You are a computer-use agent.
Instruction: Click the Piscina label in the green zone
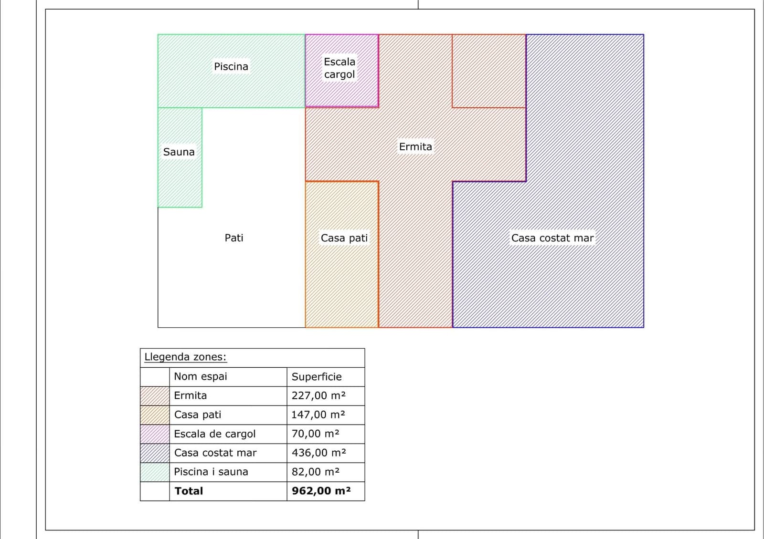click(231, 66)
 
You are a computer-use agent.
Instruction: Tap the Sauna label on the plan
click(179, 152)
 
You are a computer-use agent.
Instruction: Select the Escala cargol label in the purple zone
click(340, 68)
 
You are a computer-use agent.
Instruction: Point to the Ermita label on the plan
click(415, 146)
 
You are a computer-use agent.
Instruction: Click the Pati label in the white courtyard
click(233, 238)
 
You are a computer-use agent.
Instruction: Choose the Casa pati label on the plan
click(344, 238)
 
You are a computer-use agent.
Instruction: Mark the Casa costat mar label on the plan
click(552, 238)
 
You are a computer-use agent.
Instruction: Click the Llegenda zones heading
click(185, 357)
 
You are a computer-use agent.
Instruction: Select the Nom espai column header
click(200, 376)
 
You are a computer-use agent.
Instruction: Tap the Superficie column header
click(317, 376)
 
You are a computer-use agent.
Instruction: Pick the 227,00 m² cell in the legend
click(318, 395)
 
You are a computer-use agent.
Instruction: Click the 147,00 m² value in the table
click(318, 415)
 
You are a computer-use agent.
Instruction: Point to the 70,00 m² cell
click(316, 434)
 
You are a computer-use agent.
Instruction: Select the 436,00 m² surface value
click(319, 453)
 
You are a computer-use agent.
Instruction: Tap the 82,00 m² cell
click(316, 472)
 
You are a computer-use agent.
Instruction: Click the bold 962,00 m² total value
click(321, 491)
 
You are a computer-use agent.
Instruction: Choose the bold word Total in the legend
click(189, 491)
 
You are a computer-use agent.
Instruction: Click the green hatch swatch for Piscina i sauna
click(155, 472)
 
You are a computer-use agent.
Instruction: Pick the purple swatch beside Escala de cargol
click(155, 434)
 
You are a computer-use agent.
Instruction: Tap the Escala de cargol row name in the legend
click(214, 434)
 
